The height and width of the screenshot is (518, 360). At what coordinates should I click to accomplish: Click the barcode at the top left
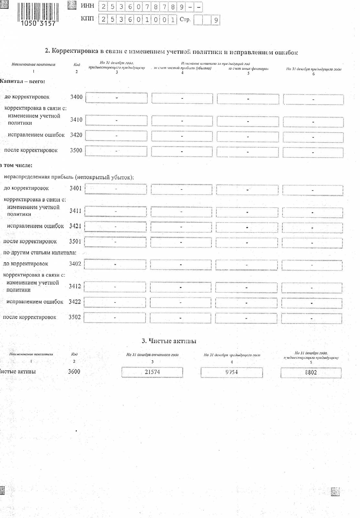(38, 14)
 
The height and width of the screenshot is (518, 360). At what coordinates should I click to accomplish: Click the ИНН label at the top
(87, 6)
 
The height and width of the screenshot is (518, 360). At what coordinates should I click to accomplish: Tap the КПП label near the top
(87, 18)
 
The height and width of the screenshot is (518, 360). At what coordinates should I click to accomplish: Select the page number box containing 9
(216, 20)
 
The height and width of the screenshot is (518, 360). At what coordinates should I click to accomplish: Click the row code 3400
(76, 97)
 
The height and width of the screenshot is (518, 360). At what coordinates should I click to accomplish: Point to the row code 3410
(76, 120)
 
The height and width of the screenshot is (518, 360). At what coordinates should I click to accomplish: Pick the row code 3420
(76, 135)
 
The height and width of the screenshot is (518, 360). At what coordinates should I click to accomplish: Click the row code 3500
(76, 150)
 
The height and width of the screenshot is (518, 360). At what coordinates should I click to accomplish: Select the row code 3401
(76, 188)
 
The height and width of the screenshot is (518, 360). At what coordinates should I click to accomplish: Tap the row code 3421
(75, 226)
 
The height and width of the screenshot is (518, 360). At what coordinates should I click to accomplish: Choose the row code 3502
(74, 317)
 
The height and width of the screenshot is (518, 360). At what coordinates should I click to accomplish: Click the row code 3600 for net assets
(74, 372)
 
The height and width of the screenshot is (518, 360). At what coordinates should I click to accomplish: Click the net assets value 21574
(152, 372)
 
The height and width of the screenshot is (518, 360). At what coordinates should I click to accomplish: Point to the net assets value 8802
(311, 373)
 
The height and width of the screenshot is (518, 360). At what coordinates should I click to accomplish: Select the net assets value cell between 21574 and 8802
(231, 372)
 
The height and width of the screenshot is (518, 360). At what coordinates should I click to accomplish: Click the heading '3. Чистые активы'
(169, 341)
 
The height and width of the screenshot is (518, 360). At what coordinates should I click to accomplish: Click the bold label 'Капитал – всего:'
(23, 81)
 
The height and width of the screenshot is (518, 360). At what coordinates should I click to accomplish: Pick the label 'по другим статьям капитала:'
(39, 253)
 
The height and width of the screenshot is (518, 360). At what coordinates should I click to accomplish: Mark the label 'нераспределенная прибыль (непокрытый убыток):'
(69, 177)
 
